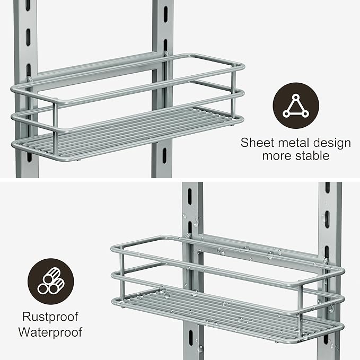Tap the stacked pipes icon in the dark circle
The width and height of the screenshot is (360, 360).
(51, 281)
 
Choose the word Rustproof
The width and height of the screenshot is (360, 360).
(51, 317)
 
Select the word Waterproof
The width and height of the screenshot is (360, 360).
(51, 333)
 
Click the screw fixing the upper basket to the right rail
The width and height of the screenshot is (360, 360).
(166, 53)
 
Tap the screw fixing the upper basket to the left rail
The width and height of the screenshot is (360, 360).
(30, 80)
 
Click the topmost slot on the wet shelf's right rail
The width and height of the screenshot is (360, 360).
(327, 188)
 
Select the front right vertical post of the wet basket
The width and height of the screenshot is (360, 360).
(301, 304)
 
